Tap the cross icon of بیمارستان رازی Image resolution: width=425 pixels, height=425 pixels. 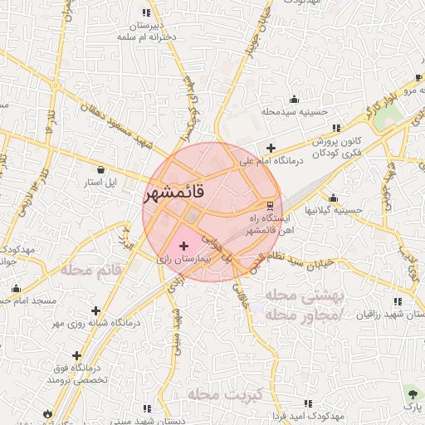point(183,246)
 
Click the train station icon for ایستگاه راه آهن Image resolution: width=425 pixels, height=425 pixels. point(269,205)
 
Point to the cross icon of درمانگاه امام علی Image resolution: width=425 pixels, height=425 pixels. point(271,148)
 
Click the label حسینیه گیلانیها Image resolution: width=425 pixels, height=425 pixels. point(334,211)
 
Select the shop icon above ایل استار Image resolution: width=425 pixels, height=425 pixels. point(100,169)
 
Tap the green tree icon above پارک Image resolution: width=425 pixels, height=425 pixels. point(413,393)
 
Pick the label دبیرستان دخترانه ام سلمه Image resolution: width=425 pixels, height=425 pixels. point(146,31)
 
